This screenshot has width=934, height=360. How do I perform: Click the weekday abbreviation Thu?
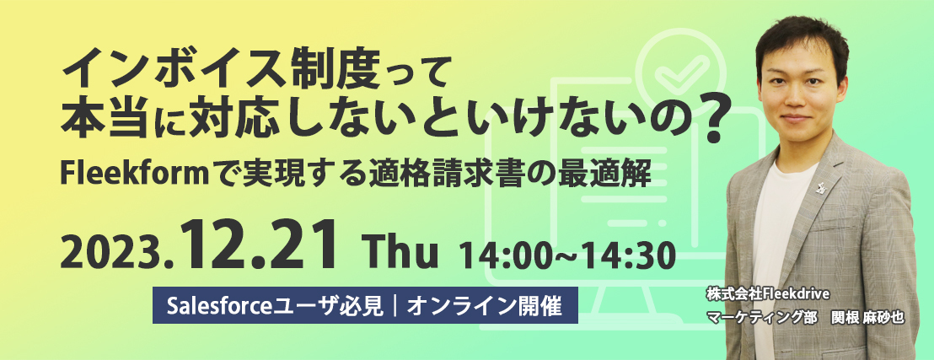(402, 255)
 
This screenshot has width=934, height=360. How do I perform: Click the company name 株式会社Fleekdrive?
(765, 294)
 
